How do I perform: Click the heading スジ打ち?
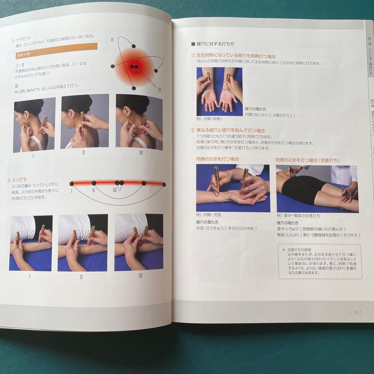(21, 180)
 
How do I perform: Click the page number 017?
(358, 312)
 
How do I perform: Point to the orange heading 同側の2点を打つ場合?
(217, 160)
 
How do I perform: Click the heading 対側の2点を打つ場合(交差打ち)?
(307, 160)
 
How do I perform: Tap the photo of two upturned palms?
(220, 91)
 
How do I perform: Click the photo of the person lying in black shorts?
(317, 189)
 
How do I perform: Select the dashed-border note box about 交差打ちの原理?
(319, 261)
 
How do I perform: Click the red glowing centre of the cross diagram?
(134, 66)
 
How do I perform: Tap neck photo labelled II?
(85, 121)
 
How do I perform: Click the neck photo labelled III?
(139, 122)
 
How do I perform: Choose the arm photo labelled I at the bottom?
(31, 243)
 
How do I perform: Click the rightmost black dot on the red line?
(164, 185)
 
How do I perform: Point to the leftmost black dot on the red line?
(72, 184)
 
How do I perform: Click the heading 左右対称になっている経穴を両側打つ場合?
(236, 56)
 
